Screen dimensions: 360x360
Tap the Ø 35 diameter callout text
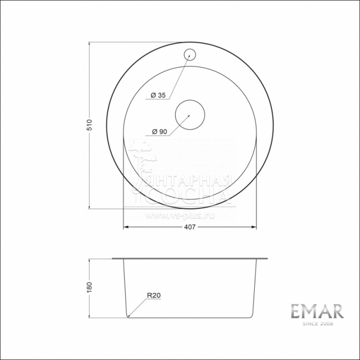point(158,96)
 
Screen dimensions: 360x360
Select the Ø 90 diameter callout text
point(160,132)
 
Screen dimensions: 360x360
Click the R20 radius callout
point(153,296)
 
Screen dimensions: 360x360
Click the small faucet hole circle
point(189,55)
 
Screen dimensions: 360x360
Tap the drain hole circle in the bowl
point(190,115)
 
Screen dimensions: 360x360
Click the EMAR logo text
point(318,311)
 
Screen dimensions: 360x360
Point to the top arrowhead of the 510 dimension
point(91,43)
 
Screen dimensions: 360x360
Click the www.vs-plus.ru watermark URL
point(178,213)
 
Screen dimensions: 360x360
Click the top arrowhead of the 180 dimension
point(91,260)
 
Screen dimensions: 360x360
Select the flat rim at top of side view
point(190,259)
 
